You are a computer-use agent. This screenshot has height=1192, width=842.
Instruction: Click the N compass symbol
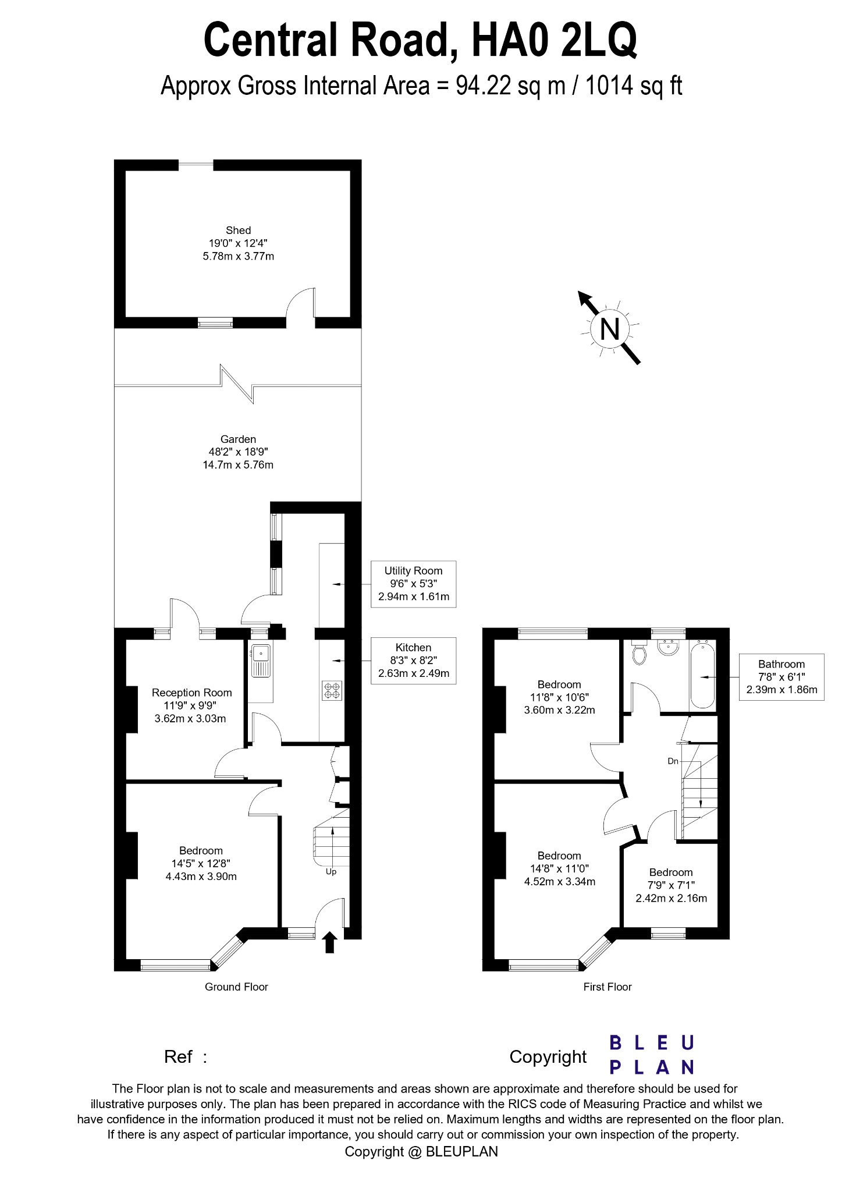(x=609, y=329)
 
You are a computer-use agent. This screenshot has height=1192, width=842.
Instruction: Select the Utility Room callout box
(x=413, y=584)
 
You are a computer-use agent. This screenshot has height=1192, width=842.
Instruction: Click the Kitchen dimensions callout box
(x=413, y=661)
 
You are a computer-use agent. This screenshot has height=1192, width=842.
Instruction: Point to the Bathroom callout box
(x=781, y=677)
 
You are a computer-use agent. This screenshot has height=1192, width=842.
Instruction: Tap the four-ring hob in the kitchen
(x=332, y=690)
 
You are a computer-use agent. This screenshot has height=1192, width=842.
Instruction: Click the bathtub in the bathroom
(x=703, y=675)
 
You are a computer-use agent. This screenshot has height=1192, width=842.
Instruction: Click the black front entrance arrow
(x=329, y=941)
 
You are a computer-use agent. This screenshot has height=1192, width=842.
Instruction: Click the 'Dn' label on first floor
(x=673, y=761)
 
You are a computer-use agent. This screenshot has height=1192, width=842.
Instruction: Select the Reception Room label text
(x=191, y=693)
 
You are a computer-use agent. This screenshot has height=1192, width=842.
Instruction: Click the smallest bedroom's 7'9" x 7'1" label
(x=671, y=885)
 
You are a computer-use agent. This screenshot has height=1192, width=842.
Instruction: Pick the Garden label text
(x=238, y=439)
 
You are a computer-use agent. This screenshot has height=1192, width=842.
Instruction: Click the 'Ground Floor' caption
(x=236, y=987)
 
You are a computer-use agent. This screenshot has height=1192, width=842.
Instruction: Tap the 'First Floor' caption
(x=607, y=987)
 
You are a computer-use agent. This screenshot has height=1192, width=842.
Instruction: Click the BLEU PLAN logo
(x=651, y=1054)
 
